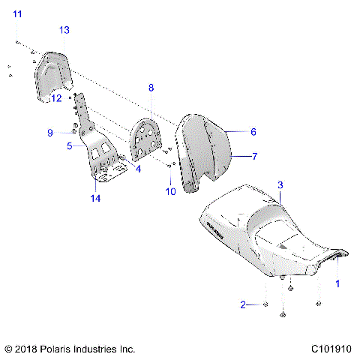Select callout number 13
point(64,29)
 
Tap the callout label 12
point(56,98)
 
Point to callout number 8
point(151,88)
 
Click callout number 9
point(50,133)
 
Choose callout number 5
point(69,146)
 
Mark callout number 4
point(137,169)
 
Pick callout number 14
point(94,199)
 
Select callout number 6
point(253,131)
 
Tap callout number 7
point(254,157)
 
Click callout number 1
point(337,284)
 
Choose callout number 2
point(242,304)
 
